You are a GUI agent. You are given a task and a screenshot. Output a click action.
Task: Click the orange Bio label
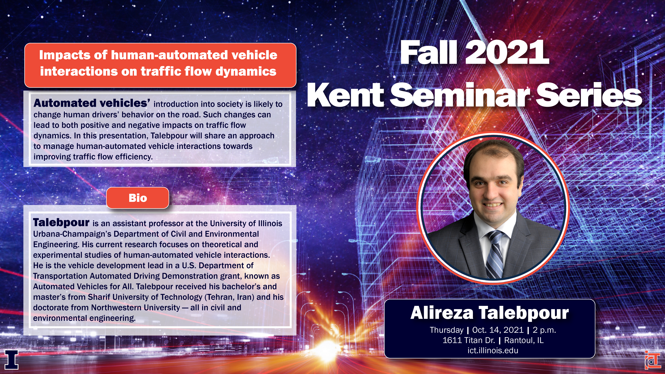[x=138, y=198]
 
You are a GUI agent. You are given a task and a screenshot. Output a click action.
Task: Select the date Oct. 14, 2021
[x=498, y=330]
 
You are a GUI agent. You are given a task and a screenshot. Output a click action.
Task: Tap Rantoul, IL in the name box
[x=524, y=340]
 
